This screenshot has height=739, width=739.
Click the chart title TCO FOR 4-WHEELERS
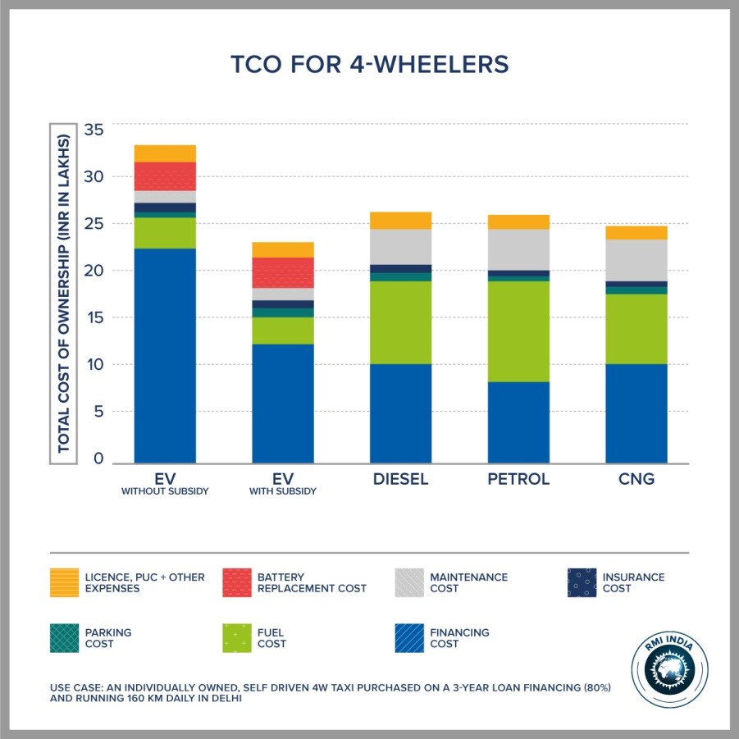[x=369, y=64]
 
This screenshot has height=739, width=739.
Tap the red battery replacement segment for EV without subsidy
[x=165, y=176]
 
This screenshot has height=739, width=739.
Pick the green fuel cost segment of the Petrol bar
[x=518, y=331]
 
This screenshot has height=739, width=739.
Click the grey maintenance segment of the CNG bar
[x=636, y=260]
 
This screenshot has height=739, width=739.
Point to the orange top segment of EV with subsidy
[x=283, y=249]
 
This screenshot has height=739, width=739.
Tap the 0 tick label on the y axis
[x=98, y=459]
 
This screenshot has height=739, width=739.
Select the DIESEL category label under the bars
[x=400, y=479]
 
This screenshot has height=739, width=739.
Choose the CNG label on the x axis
[x=636, y=479]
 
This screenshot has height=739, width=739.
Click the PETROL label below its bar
[x=518, y=479]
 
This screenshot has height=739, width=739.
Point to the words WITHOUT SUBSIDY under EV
[x=165, y=491]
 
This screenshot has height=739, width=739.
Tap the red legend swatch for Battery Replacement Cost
[x=237, y=582]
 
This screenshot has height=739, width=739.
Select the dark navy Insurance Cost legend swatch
[x=582, y=582]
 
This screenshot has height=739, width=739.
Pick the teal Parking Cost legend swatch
[x=64, y=638]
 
